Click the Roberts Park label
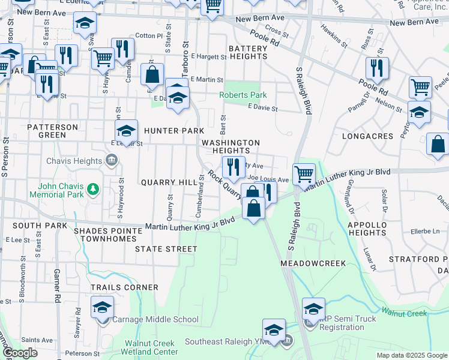coord(243,95)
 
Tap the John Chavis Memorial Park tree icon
coord(93,190)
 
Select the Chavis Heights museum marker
coord(112,160)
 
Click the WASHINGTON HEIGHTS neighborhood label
coord(231,146)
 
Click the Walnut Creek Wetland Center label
coord(151,348)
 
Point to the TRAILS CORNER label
coord(124,287)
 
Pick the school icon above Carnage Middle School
coord(103,308)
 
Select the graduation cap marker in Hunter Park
coord(127,130)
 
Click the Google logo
coord(20,353)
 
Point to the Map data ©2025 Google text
coord(411,355)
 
